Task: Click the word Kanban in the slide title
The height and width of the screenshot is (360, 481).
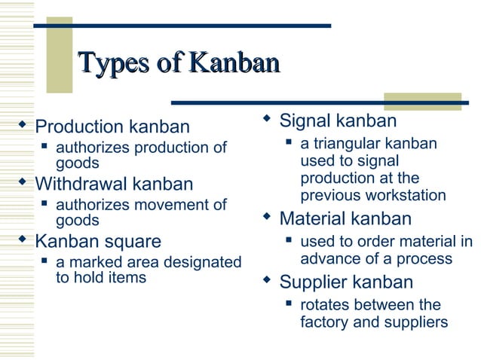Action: click(x=234, y=63)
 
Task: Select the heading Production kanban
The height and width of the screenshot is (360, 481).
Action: click(x=112, y=127)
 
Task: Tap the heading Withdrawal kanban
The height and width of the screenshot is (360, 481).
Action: click(x=114, y=184)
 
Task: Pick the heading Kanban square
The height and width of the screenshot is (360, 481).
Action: click(x=98, y=242)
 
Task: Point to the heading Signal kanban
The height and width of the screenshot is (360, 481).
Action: click(x=338, y=121)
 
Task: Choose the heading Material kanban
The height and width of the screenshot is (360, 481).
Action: click(x=345, y=219)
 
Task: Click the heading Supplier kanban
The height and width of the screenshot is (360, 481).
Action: click(x=346, y=282)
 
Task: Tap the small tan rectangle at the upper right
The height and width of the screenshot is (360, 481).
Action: click(x=422, y=101)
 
